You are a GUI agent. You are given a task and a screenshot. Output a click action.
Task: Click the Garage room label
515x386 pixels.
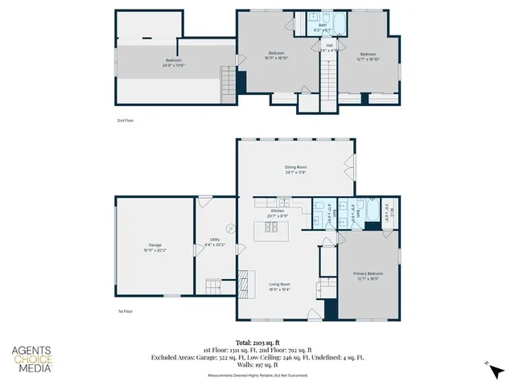click(154, 246)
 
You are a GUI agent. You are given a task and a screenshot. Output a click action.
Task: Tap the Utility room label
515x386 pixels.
click(215, 241)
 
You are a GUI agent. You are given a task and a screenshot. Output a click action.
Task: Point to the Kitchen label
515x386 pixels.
click(266, 212)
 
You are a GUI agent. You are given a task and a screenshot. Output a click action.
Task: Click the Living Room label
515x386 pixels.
click(279, 286)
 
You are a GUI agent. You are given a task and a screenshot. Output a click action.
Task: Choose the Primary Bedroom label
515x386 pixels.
click(368, 276)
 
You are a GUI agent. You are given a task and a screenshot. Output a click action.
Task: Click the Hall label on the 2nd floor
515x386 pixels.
click(329, 47)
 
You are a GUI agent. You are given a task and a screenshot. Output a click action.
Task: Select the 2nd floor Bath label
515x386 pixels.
click(323, 27)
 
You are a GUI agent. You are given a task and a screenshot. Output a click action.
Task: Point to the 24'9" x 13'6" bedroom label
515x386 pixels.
click(174, 63)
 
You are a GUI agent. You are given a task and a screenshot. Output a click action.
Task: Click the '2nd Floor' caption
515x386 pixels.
click(126, 119)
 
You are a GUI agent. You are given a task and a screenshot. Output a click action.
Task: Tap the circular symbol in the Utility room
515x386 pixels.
click(230, 228)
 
